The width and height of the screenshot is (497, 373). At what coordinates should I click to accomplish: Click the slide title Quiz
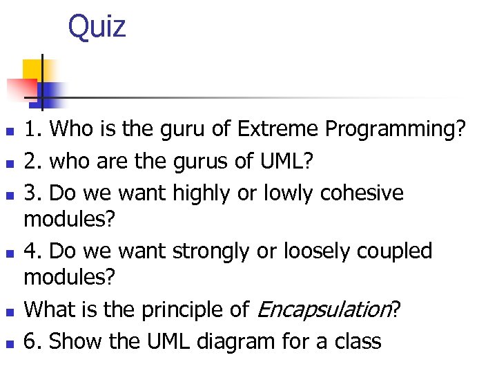pyautogui.click(x=97, y=27)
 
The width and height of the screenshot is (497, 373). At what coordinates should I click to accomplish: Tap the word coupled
pyautogui.click(x=393, y=251)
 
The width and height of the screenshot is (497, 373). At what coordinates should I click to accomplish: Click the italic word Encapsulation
pyautogui.click(x=324, y=310)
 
